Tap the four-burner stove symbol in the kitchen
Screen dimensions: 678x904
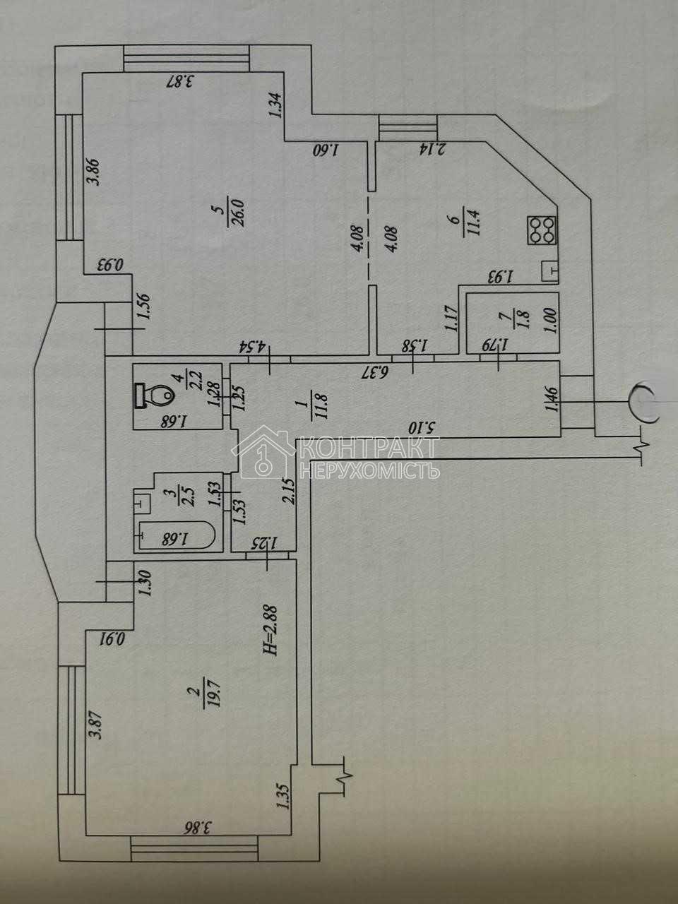[542, 230]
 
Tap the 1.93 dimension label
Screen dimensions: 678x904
[499, 275]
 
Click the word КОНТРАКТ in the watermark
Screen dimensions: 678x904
[369, 448]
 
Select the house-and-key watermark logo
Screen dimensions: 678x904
[264, 453]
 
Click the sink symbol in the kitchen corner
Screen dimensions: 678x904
[550, 270]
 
